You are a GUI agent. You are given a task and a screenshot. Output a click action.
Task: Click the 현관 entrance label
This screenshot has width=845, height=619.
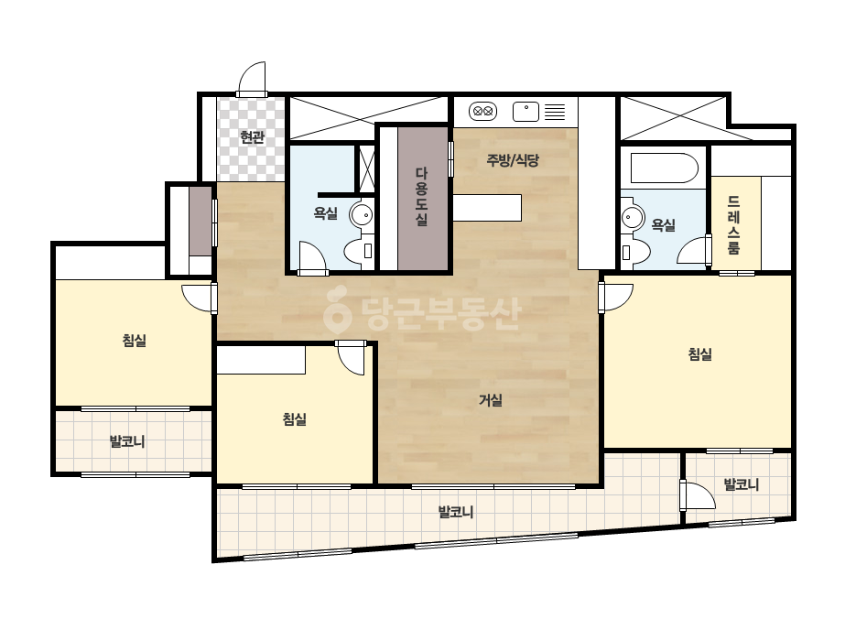(x=252, y=137)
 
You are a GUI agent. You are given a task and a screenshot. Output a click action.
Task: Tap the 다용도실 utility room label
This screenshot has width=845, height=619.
(x=421, y=197)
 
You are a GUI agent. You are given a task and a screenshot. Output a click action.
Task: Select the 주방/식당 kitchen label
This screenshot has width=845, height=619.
(x=513, y=159)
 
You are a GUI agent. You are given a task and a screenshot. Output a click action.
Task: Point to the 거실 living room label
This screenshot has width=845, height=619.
(x=491, y=400)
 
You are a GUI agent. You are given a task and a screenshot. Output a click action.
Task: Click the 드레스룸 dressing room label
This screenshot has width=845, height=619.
(x=733, y=225)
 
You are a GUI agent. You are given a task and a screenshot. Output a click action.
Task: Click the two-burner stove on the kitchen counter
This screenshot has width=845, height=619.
(x=482, y=112)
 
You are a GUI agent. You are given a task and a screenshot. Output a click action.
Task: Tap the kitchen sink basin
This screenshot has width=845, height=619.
(x=526, y=112)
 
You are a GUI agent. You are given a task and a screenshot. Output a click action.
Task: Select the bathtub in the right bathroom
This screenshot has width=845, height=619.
(x=665, y=168)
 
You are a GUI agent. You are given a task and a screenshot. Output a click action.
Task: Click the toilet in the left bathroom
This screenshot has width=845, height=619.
(x=359, y=251)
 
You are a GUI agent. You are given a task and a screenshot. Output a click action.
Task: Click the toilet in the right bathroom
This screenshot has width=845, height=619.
(x=636, y=252)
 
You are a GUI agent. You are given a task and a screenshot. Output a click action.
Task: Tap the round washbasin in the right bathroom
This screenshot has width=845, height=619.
(x=634, y=218)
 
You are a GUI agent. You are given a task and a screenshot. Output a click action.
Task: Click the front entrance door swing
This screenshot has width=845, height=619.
(x=252, y=79)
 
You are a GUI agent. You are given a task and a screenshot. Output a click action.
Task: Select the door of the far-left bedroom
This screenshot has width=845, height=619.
(x=200, y=298)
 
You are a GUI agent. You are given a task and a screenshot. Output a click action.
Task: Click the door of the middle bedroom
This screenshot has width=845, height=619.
(x=351, y=357)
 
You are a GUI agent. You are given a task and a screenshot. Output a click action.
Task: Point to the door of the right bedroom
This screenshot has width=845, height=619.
(x=615, y=297)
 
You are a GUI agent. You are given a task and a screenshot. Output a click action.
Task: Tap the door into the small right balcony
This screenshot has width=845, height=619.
(x=698, y=495)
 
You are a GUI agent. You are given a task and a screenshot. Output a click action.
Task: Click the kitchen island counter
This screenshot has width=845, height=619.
(x=487, y=208)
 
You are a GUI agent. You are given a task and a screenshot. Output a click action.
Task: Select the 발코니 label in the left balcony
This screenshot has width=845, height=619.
(x=127, y=442)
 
